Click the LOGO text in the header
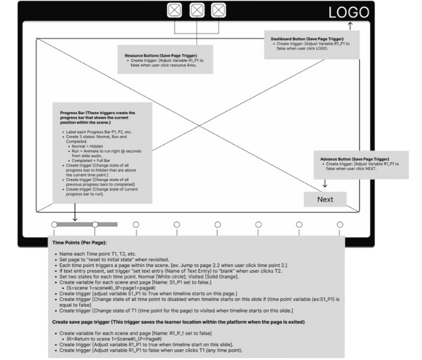pyautogui.click(x=348, y=12)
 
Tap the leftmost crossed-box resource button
pyautogui.click(x=174, y=10)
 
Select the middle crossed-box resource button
pyautogui.click(x=197, y=10)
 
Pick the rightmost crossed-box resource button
pyautogui.click(x=219, y=10)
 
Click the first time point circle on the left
pyautogui.click(x=55, y=225)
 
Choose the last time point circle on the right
pyautogui.click(x=340, y=225)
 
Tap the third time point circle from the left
pyautogui.click(x=136, y=225)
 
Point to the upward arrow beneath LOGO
pyautogui.click(x=350, y=26)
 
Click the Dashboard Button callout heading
pyautogui.click(x=311, y=39)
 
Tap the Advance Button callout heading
pyautogui.click(x=355, y=159)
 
